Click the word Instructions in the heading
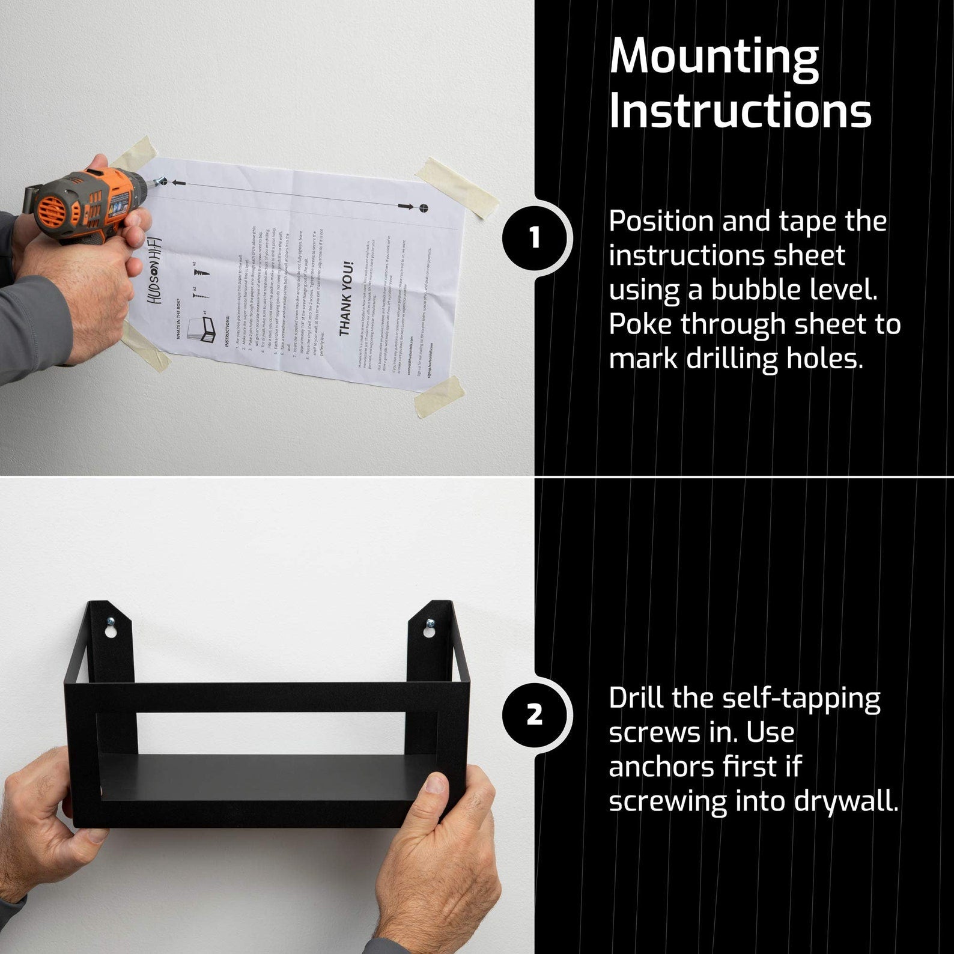pyautogui.click(x=740, y=111)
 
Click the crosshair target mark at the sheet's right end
pyautogui.click(x=424, y=208)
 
